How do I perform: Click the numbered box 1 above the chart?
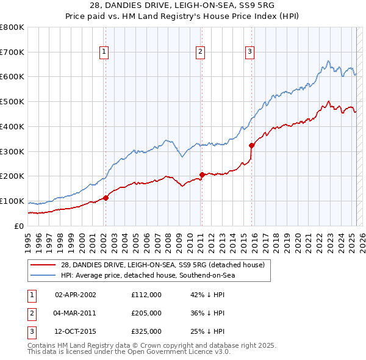click(105, 52)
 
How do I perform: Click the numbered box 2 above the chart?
click(200, 52)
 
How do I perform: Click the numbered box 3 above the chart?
click(250, 52)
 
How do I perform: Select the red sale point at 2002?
click(106, 198)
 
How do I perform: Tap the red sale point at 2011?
click(201, 175)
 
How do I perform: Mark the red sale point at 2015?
click(251, 145)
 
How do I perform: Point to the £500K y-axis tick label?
click(12, 101)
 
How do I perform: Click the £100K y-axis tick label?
click(12, 201)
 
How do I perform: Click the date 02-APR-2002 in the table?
click(76, 294)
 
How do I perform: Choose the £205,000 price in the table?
click(146, 313)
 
